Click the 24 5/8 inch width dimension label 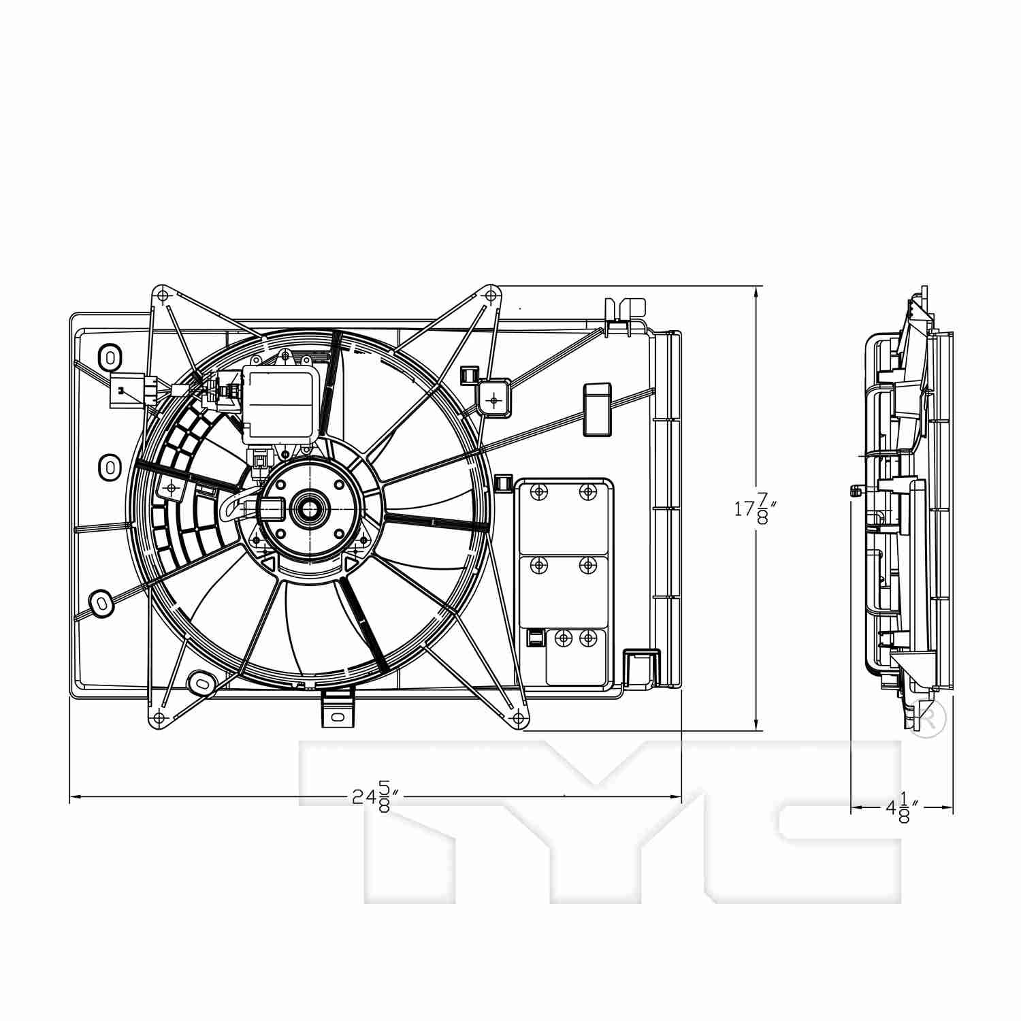375,796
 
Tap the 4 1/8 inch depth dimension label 903,808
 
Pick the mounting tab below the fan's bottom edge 338,708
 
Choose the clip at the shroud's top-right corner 625,314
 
